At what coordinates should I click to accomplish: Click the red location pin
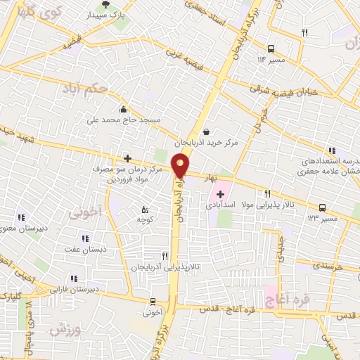click(181, 166)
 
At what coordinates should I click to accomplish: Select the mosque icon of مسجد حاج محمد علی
click(123, 109)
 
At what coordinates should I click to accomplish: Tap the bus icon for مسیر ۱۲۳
click(323, 207)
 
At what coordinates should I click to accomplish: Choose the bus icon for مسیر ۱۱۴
click(271, 49)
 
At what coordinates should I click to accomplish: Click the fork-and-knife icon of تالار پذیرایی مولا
click(267, 193)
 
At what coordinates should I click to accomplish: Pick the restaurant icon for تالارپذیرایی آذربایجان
click(165, 256)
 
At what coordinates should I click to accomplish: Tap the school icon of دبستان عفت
click(85, 238)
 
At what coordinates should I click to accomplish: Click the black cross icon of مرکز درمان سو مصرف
click(127, 159)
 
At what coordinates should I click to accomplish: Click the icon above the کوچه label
click(145, 209)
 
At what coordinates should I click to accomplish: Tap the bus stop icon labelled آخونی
click(153, 300)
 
